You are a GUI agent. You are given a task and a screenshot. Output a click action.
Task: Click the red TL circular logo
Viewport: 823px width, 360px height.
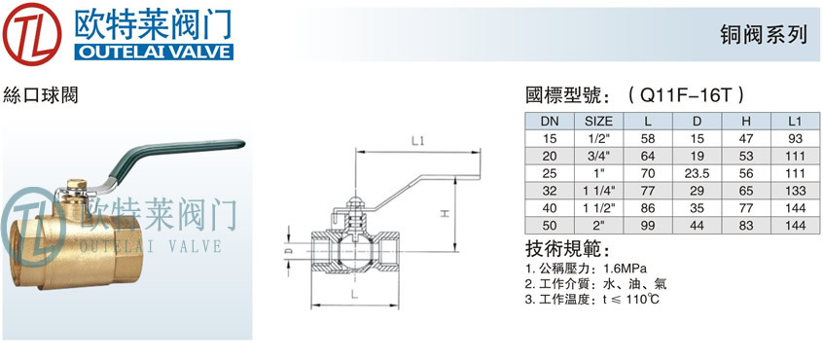(x=31, y=34)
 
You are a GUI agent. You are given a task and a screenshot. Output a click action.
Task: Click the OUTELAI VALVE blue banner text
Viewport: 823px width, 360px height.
(x=154, y=52)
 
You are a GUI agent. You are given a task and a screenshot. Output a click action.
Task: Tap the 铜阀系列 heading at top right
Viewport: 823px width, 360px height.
(x=764, y=35)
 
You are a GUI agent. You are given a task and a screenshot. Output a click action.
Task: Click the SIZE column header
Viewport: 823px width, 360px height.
(x=599, y=122)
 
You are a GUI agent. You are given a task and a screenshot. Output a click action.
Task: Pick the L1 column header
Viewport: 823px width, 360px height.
(x=795, y=122)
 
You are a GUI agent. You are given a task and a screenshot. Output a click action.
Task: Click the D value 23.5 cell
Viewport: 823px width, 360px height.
(x=698, y=174)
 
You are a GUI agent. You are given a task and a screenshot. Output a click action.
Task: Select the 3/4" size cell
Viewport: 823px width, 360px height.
(x=599, y=157)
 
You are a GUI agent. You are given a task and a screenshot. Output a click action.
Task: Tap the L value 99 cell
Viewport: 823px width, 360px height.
(x=648, y=226)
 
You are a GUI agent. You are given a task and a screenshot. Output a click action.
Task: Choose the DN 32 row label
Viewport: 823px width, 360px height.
(x=550, y=191)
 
